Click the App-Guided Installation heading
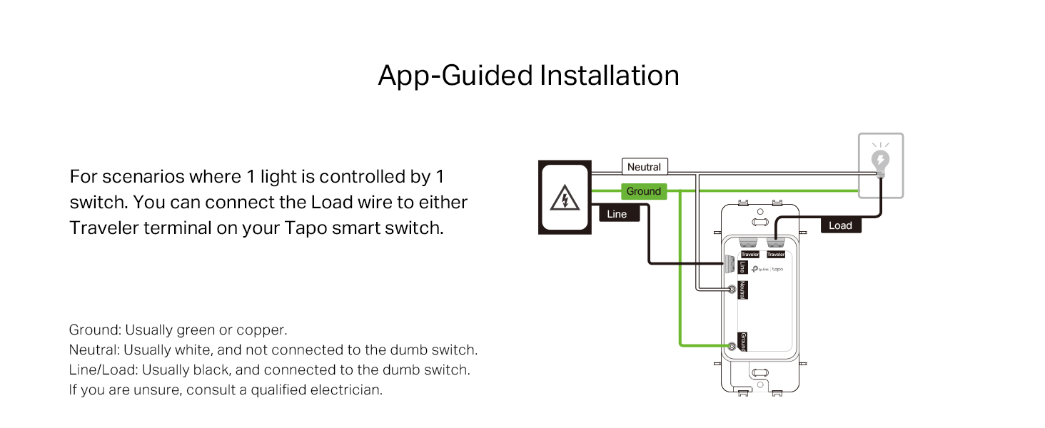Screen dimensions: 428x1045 point(528,76)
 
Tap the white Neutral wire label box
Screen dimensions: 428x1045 point(644,167)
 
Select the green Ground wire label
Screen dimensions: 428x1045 point(644,191)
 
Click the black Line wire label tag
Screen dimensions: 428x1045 point(616,213)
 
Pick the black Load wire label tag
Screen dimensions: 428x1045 point(840,225)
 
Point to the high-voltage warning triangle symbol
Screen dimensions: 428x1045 point(565,198)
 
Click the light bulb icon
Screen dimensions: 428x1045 point(880,162)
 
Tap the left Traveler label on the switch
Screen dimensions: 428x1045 point(749,255)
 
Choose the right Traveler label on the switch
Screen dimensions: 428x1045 point(776,255)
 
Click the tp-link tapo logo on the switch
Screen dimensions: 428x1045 point(767,269)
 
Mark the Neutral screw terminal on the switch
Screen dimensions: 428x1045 point(732,290)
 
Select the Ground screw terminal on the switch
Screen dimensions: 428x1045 point(732,347)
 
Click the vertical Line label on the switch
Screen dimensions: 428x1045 point(742,267)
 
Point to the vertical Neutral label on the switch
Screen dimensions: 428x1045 point(742,290)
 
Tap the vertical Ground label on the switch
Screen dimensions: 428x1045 point(743,342)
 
